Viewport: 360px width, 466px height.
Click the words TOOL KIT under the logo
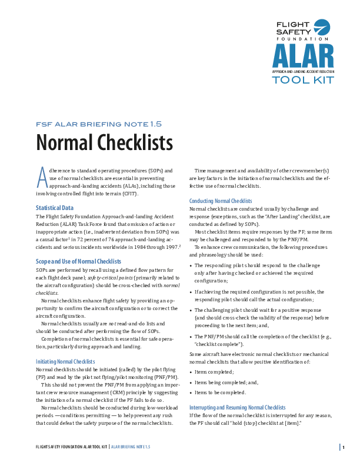tap(302, 80)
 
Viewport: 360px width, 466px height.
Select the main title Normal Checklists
tap(104, 143)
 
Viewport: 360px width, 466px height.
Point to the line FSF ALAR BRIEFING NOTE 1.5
tap(99, 124)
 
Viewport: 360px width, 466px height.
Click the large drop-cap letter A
tap(41, 175)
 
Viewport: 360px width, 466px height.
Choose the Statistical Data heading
tap(55, 208)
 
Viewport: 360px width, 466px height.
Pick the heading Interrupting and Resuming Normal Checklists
tap(237, 407)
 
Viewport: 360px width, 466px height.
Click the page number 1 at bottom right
tap(343, 447)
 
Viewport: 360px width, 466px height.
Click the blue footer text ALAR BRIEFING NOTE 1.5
tap(131, 447)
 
